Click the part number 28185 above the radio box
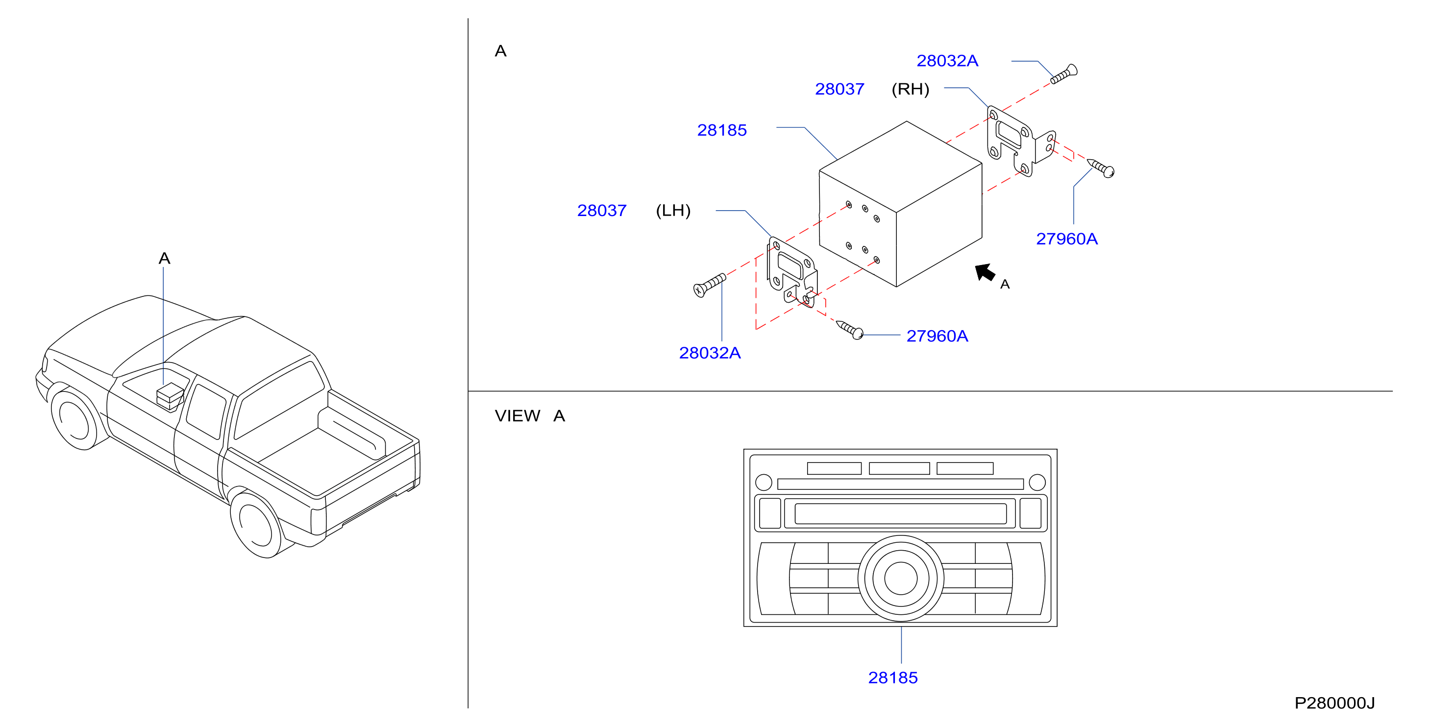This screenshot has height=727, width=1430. (x=722, y=130)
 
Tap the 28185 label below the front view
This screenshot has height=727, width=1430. (x=892, y=678)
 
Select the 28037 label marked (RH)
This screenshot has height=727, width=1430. (x=839, y=89)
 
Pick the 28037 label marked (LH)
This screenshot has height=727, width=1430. (x=602, y=210)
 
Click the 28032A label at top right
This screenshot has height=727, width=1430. (x=947, y=60)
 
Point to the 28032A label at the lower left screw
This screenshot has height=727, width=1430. (x=710, y=353)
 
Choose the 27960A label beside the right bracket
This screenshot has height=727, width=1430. (x=1066, y=239)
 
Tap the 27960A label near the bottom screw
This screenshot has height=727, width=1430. (x=937, y=336)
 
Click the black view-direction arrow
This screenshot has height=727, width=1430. (x=985, y=272)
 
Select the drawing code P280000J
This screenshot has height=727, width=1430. (x=1334, y=703)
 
